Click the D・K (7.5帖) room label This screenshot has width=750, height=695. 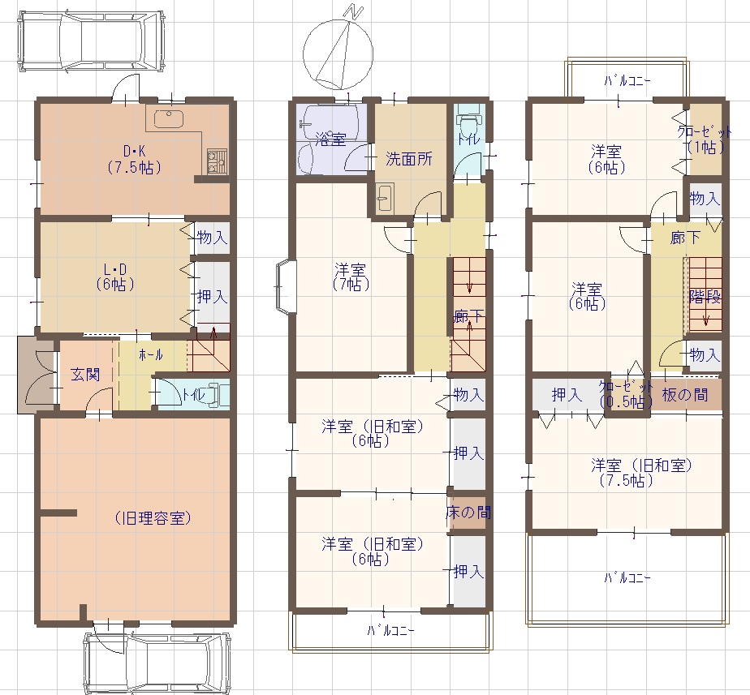[x=135, y=160]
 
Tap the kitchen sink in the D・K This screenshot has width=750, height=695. [x=168, y=119]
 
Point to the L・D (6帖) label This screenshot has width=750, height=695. [x=115, y=277]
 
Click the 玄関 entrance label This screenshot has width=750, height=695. [x=85, y=374]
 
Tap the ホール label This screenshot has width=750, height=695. [x=151, y=354]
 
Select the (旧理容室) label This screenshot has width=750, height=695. [x=153, y=518]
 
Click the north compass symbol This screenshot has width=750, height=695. [x=338, y=50]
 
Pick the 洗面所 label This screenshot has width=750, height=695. [x=409, y=159]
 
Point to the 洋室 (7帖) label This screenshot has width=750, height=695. [x=351, y=277]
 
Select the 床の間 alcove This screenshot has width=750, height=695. [x=468, y=513]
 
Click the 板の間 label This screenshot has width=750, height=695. [x=685, y=395]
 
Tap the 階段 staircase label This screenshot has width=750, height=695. [x=705, y=297]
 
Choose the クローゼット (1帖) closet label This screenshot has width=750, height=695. [x=704, y=139]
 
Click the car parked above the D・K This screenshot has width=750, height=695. [x=93, y=41]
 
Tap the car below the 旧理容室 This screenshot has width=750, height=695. [x=157, y=663]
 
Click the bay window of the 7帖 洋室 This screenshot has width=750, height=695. [x=286, y=286]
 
